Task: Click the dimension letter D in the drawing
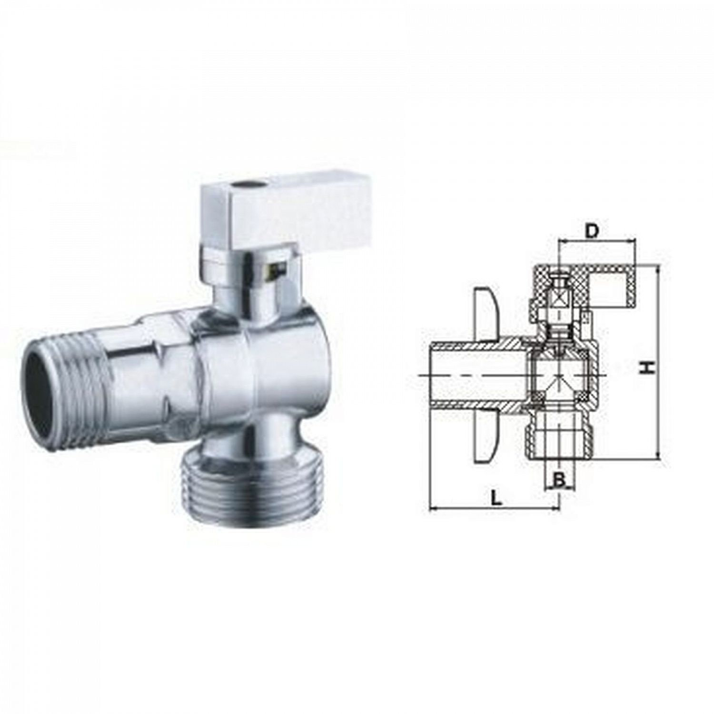click(591, 231)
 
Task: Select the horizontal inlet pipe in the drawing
click(457, 376)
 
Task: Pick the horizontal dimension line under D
click(596, 241)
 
